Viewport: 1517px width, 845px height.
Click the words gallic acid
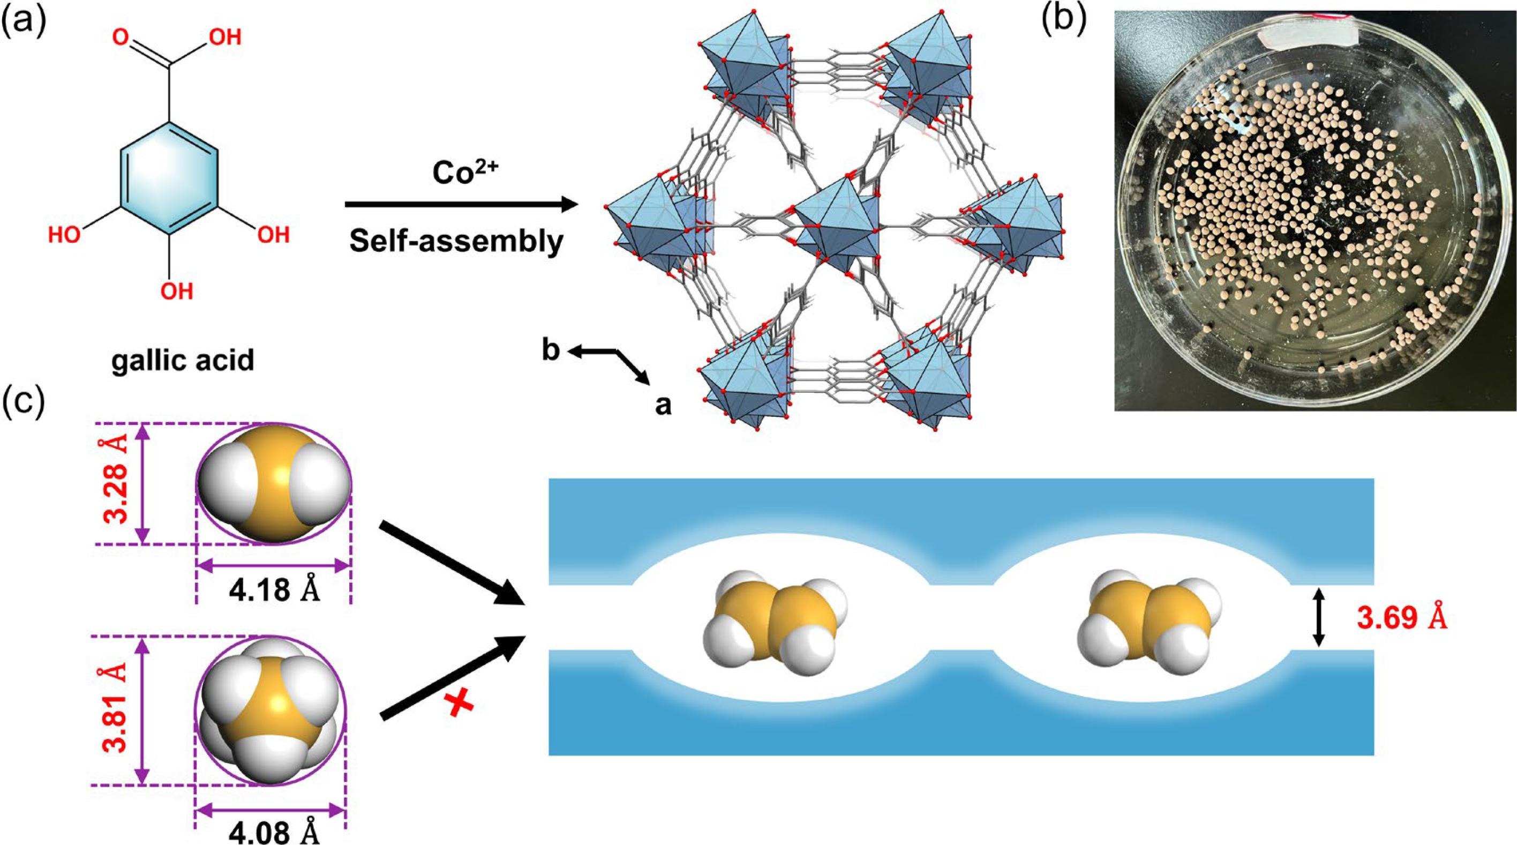(x=183, y=359)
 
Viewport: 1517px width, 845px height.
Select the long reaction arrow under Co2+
(x=460, y=205)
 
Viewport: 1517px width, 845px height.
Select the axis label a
(x=663, y=405)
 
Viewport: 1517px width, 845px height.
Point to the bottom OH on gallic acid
(x=177, y=290)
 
